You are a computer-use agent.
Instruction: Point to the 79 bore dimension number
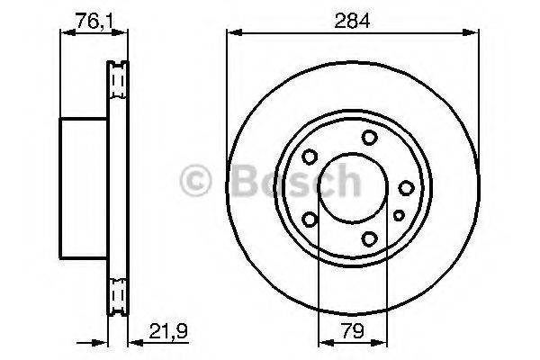tap(354, 330)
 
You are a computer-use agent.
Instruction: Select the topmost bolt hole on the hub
tap(369, 137)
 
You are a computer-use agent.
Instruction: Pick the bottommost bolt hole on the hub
tap(369, 238)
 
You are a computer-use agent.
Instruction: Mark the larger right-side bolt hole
tap(406, 187)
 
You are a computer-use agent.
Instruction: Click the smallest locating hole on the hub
tap(399, 214)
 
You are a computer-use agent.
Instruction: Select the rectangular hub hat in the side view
tap(84, 187)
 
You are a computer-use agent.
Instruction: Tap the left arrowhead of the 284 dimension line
tap(231, 34)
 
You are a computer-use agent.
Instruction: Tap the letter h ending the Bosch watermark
tap(343, 183)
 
